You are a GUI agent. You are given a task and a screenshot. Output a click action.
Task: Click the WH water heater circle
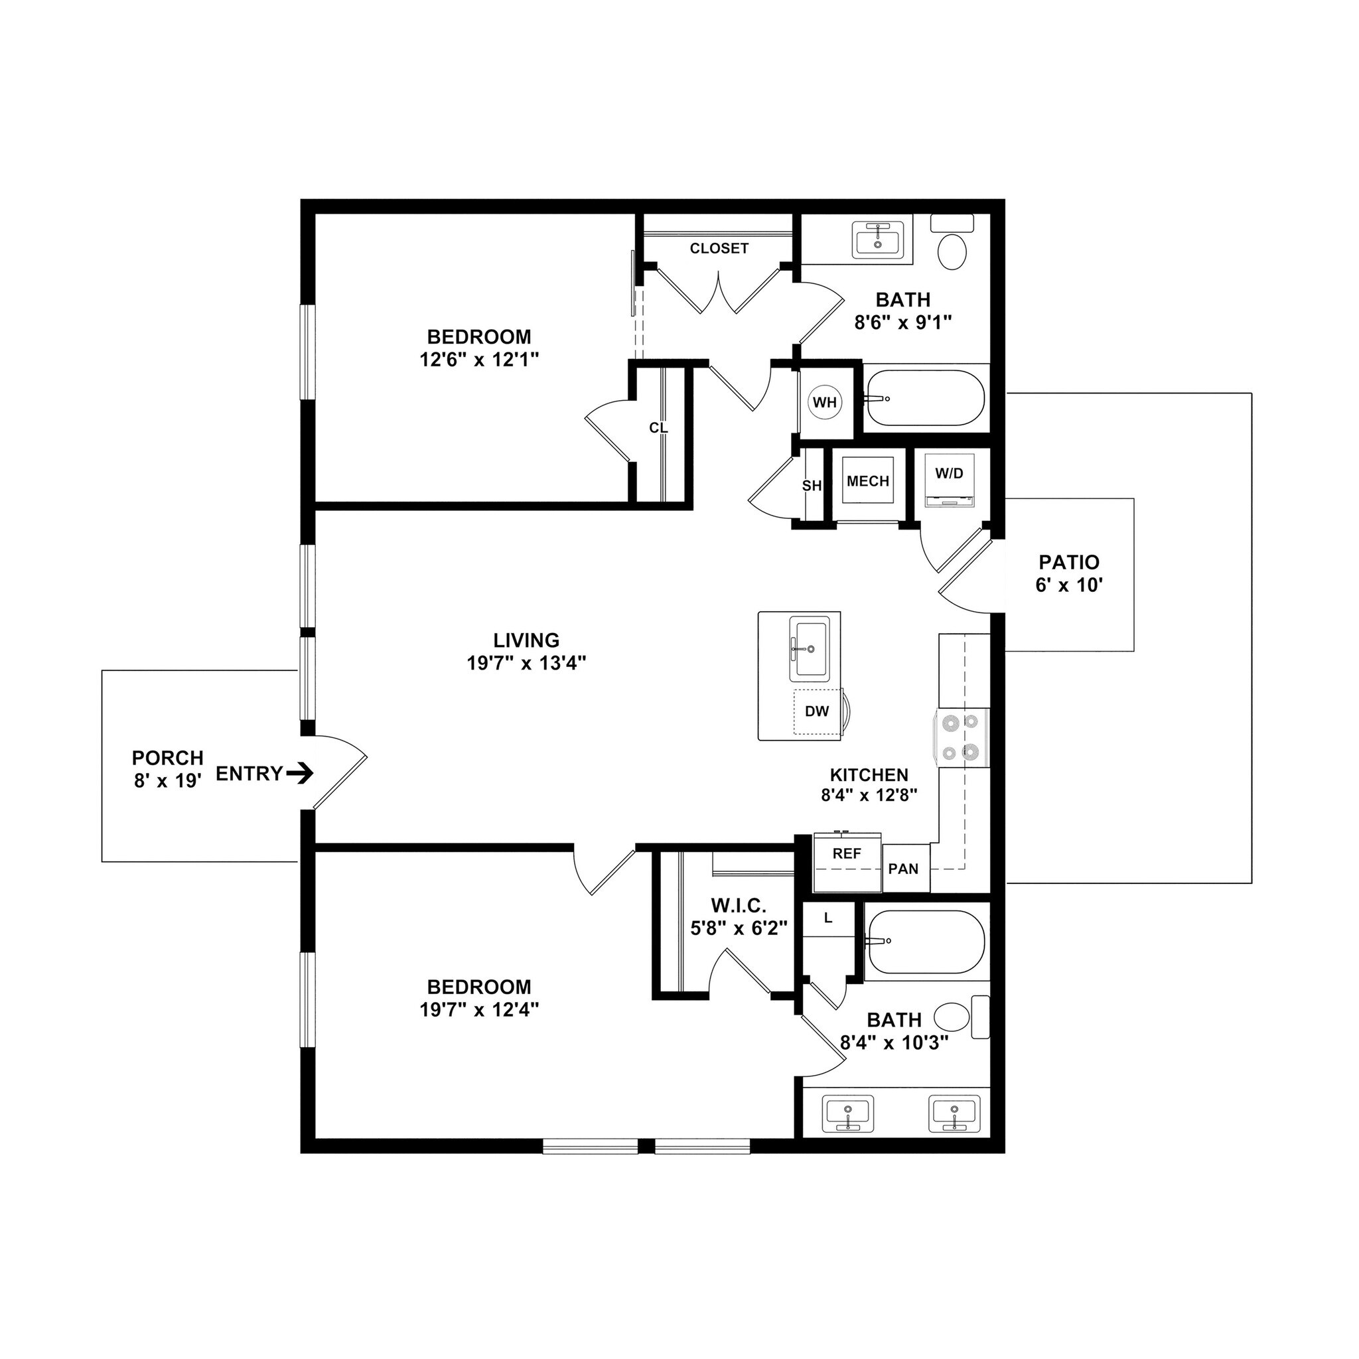tap(824, 402)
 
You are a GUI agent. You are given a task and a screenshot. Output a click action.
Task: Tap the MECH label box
tap(868, 481)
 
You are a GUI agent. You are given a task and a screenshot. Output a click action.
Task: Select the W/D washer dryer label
tap(949, 473)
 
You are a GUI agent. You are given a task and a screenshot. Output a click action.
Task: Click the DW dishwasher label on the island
tap(817, 711)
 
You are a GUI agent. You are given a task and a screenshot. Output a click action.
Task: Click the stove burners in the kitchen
tap(961, 737)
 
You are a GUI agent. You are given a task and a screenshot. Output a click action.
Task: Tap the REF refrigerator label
tap(847, 853)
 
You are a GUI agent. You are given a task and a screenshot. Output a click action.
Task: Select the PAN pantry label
tap(903, 869)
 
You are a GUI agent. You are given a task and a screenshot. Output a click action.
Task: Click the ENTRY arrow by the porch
tap(301, 774)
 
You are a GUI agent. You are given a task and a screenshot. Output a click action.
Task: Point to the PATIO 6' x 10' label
tap(1068, 573)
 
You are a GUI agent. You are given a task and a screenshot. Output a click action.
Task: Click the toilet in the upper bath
tap(952, 251)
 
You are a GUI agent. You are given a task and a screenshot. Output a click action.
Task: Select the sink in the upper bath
tap(878, 239)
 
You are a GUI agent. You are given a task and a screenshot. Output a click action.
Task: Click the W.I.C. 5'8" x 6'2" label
tap(739, 917)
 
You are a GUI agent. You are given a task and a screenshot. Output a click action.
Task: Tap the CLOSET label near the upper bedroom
tap(719, 248)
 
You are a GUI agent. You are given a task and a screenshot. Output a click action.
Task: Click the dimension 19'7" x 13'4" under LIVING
tap(526, 663)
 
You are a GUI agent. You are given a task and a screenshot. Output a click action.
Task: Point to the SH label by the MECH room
tap(811, 485)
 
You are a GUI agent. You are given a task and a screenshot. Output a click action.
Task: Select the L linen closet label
tap(828, 918)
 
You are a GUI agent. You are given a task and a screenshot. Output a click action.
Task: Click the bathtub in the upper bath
tap(925, 399)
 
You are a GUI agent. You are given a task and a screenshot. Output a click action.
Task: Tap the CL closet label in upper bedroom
tap(658, 428)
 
